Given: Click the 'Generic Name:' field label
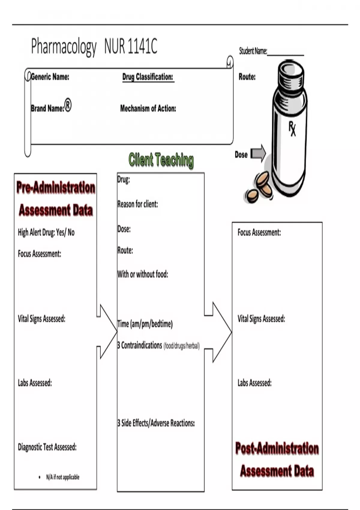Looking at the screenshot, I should [50, 77].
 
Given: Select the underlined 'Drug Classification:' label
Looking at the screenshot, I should [148, 77].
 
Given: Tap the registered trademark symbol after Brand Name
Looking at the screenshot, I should [68, 106].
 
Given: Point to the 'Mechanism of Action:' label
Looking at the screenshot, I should [148, 108].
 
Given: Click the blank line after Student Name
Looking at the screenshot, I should [285, 53].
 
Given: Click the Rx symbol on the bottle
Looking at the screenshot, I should [292, 128].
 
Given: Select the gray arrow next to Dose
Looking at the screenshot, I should [258, 153].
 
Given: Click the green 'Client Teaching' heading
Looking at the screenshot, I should [161, 160].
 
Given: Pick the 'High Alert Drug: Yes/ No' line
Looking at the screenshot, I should [46, 232].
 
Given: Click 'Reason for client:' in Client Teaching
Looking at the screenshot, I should [138, 204].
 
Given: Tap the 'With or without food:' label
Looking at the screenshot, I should [143, 274].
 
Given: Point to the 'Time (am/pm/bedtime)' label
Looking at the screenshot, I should [145, 324].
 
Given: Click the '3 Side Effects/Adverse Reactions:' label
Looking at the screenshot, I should [156, 423].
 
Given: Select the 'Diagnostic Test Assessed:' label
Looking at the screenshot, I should [47, 447].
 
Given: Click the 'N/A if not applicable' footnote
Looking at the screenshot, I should [62, 477].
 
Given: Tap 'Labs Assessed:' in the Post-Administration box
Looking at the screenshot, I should [254, 383].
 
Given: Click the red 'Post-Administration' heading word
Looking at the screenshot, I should [277, 448].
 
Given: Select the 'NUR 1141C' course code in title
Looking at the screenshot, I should [131, 46].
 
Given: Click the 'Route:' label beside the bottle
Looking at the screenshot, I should [247, 77].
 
